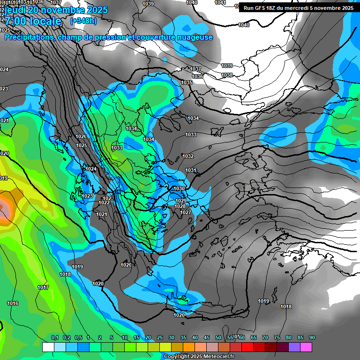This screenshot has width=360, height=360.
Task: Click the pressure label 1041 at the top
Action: tap(220, 3)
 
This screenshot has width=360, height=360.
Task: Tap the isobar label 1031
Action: tap(190, 170)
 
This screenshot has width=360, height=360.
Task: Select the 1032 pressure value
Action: tap(188, 156)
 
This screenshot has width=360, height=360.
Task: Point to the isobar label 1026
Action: tap(81, 136)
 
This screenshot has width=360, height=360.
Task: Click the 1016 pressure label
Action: tap(13, 304)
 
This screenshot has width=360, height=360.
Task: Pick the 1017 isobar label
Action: tap(43, 287)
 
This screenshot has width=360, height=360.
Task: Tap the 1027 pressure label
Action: tap(186, 212)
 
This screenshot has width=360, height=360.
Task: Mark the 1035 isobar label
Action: tap(187, 82)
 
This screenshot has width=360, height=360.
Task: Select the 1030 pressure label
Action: tap(179, 188)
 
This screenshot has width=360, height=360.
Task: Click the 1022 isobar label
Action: tap(104, 202)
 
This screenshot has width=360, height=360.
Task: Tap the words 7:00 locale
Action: tap(33, 22)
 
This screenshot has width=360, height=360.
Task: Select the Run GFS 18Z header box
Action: tap(299, 8)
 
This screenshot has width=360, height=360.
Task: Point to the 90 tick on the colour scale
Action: tap(312, 338)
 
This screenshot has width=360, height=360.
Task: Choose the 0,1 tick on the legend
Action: tap(54, 338)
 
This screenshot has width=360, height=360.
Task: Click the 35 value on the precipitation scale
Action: tap(183, 338)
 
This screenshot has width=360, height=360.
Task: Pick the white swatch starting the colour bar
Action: tap(48, 347)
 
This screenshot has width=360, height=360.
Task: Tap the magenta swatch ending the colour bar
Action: tap(306, 347)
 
